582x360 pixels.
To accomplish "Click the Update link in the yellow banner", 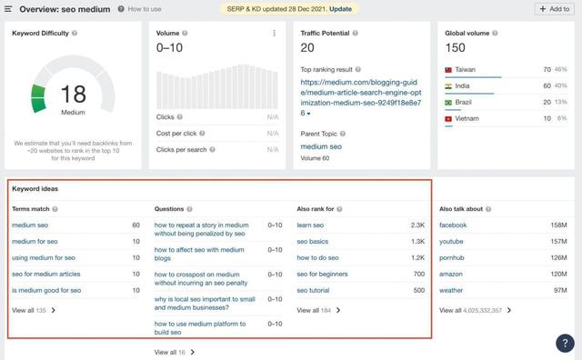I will point(340,8).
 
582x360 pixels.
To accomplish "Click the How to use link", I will point(145,9).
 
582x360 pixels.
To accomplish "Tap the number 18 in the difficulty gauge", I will point(73,93).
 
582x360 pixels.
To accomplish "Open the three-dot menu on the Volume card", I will point(274,34).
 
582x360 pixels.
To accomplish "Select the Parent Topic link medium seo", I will point(321,146).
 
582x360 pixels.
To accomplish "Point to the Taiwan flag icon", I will point(448,70).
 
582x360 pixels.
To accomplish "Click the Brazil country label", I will point(467,103).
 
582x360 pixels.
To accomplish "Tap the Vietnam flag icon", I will point(448,119).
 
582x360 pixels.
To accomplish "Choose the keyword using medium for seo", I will point(44,257).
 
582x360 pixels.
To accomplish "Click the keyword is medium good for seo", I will point(46,290).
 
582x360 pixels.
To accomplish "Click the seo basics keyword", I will point(314,241).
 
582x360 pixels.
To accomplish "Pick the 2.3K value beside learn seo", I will point(417,225).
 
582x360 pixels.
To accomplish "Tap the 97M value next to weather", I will point(559,290).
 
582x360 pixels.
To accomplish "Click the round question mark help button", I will point(564,343).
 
